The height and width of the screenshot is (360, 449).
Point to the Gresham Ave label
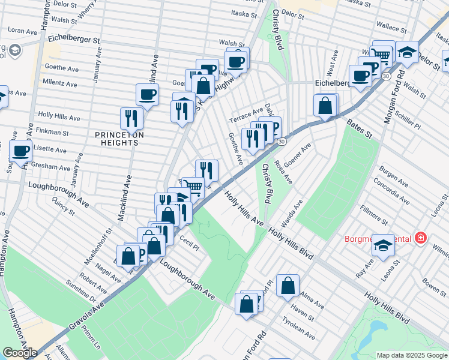52,166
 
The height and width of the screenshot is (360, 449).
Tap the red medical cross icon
420,238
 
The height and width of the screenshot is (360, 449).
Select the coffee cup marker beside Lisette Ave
21,152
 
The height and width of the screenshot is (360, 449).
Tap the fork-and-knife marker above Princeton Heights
130,118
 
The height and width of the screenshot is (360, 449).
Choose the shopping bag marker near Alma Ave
288,286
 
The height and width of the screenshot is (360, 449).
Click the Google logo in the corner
20,353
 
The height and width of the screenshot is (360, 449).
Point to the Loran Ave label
23,30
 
